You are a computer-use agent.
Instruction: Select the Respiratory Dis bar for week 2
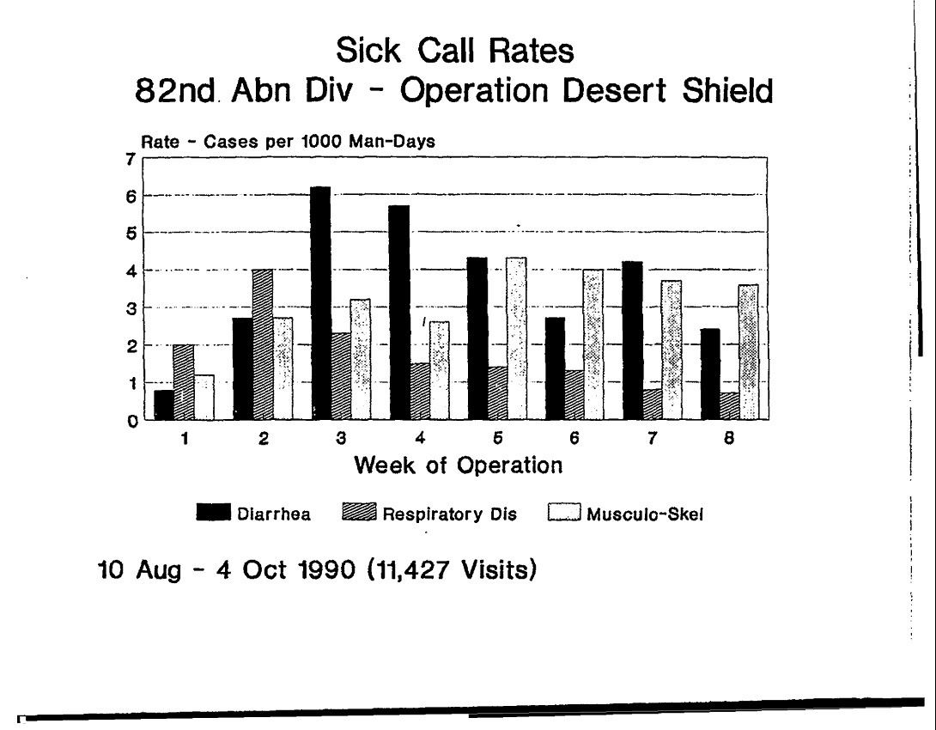point(263,344)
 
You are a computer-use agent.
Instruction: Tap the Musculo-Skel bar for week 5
point(516,338)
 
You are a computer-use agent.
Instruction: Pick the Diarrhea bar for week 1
point(164,405)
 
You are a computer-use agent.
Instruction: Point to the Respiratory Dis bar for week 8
point(729,406)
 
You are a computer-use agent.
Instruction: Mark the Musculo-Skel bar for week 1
point(204,397)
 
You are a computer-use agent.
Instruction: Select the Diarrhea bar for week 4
point(398,313)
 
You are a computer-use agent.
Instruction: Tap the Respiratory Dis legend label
point(450,515)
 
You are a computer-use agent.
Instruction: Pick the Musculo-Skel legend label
point(645,515)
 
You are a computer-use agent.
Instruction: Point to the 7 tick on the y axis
point(131,158)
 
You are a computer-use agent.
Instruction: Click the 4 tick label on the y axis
point(131,271)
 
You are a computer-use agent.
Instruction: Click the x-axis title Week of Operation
point(459,465)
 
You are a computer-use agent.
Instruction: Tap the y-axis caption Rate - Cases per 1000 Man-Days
point(288,143)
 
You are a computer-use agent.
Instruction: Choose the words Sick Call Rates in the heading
point(455,51)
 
